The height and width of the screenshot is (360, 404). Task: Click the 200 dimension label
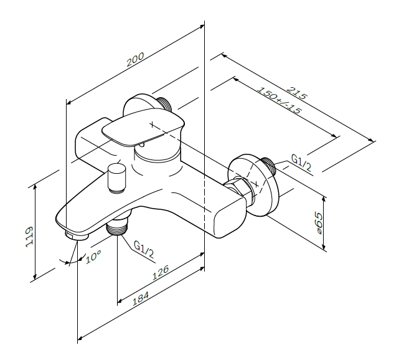[x=135, y=60]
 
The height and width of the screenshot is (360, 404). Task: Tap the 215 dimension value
[x=297, y=93]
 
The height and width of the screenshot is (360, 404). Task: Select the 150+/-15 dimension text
[x=279, y=100]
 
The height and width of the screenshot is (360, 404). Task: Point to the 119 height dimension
[x=29, y=237]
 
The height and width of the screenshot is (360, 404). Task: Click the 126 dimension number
[x=160, y=273]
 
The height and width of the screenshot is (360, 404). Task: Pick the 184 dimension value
[x=141, y=298]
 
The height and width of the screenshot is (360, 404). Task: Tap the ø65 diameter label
[x=319, y=223]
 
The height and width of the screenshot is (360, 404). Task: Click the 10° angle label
[x=93, y=257]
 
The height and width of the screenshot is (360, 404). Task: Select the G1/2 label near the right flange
[x=301, y=163]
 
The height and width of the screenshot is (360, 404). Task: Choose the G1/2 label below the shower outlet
[x=144, y=249]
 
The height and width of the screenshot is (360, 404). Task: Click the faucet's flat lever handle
[x=143, y=130]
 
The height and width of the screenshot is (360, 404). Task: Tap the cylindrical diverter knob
[x=116, y=178]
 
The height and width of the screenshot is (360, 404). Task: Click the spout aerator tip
[x=77, y=235]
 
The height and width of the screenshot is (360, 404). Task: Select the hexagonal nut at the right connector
[x=238, y=189]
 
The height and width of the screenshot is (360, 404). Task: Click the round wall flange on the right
[x=254, y=185]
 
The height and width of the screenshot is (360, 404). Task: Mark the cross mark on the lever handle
[x=153, y=125]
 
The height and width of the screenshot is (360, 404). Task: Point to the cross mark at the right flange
[x=256, y=184]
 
